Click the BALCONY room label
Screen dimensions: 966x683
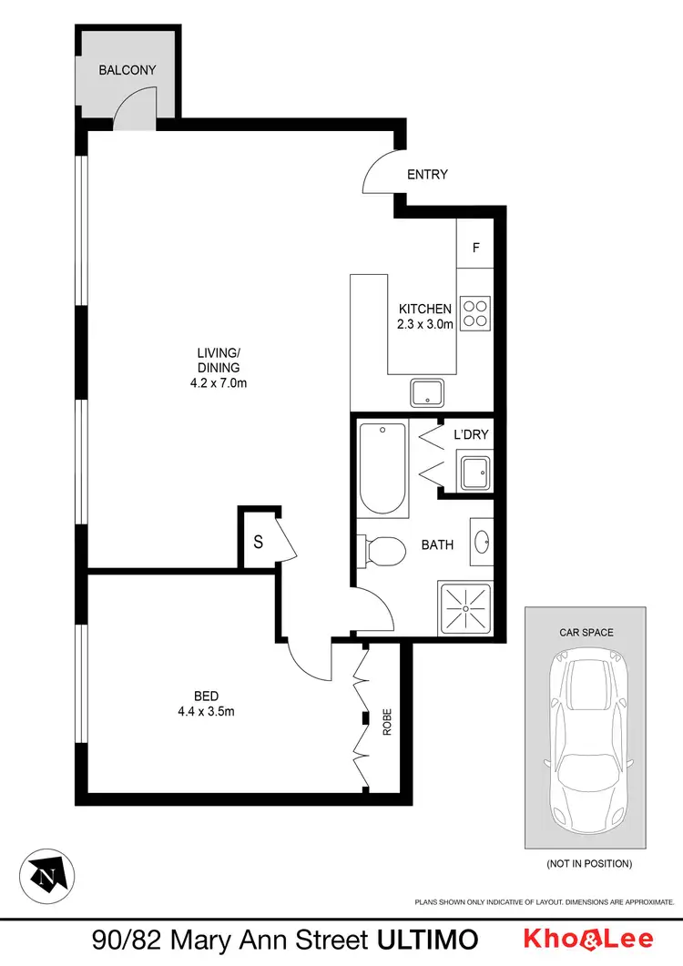pyautogui.click(x=127, y=69)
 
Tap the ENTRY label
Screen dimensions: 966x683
pyautogui.click(x=427, y=174)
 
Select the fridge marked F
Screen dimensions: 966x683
pyautogui.click(x=475, y=248)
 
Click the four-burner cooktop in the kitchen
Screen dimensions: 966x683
pyautogui.click(x=475, y=313)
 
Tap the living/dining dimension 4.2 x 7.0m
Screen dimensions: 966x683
pyautogui.click(x=213, y=383)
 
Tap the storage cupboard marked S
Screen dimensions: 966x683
pyautogui.click(x=258, y=543)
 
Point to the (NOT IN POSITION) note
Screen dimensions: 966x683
pyautogui.click(x=588, y=863)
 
